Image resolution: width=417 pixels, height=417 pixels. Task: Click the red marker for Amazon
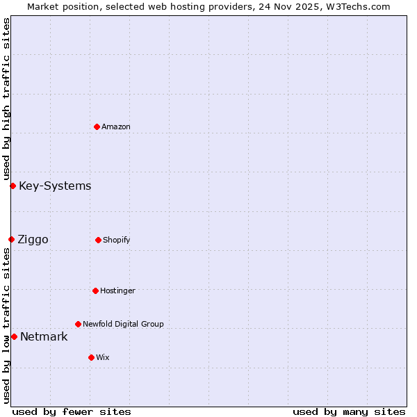[x=97, y=126]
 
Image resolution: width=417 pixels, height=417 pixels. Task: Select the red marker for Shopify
[x=98, y=240]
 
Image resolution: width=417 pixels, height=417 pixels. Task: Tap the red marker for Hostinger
[x=95, y=291]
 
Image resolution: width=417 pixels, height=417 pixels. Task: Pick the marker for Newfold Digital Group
[x=78, y=324]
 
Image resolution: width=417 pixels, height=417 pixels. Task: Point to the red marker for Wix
[x=91, y=357]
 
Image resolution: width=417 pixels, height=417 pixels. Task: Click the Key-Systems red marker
[x=13, y=186]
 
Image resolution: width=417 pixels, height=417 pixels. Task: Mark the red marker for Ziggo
[x=11, y=239]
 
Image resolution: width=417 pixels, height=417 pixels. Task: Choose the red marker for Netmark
[x=14, y=336]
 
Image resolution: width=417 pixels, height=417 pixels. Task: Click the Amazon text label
[x=116, y=126]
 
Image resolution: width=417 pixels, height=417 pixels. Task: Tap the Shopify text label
[x=117, y=240]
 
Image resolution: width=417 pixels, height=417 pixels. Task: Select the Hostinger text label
[x=117, y=291]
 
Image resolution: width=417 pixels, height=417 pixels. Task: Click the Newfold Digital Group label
[x=123, y=324]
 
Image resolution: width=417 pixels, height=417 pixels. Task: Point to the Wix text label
[x=103, y=357]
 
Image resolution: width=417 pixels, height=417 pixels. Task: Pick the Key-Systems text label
[x=55, y=186]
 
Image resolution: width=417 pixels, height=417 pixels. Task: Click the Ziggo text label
[x=33, y=239]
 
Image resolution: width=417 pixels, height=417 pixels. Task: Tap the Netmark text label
[x=44, y=336]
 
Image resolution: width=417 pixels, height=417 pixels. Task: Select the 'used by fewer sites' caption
[x=72, y=411]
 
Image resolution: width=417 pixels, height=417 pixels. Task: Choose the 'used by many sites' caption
[x=349, y=411]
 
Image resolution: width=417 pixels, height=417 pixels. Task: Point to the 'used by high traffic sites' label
[x=6, y=99]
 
